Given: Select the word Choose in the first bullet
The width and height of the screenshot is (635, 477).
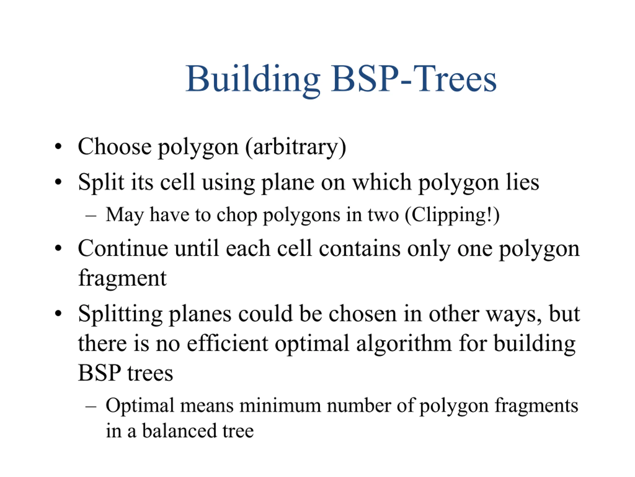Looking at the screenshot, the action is coord(115,146).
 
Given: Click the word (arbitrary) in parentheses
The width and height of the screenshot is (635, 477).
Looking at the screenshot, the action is coord(296,147).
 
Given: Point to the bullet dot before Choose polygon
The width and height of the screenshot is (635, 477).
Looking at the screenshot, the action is coord(58,146).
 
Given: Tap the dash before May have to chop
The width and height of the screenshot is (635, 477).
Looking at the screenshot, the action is coord(91,215).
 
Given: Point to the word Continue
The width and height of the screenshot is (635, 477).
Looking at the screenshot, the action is coord(123,248).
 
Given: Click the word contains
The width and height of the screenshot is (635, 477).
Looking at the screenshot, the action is coord(360,248).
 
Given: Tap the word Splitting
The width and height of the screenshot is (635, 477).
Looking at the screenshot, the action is coord(120,314).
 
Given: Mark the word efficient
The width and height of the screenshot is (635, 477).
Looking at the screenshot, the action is coord(228,344).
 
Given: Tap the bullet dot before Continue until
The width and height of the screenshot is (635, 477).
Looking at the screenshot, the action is coord(58,248).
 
